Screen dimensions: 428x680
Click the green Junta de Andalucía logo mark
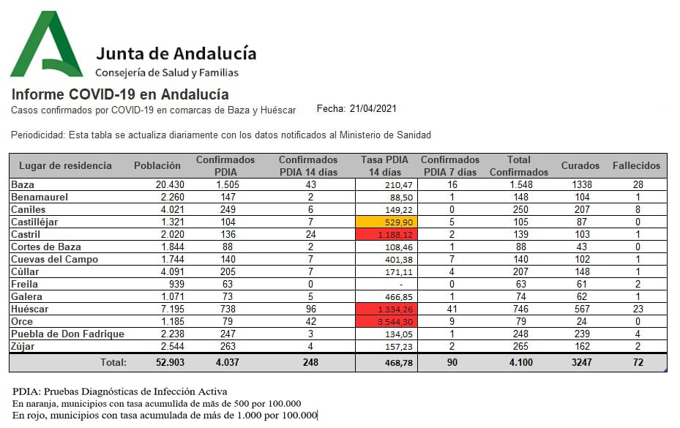(45, 45)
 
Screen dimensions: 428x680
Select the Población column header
(157, 165)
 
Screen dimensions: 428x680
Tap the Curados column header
(580, 165)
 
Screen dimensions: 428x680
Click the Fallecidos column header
(636, 165)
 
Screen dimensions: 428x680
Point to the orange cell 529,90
(386, 222)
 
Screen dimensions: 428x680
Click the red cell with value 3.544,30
(386, 321)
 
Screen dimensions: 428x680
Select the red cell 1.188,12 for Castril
(386, 234)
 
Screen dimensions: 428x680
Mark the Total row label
(113, 362)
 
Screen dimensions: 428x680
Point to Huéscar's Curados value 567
(580, 309)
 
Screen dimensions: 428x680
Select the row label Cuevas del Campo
(55, 259)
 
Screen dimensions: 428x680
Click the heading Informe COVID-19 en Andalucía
(120, 94)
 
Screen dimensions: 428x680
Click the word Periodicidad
(37, 135)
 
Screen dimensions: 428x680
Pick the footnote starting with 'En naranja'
(157, 404)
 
